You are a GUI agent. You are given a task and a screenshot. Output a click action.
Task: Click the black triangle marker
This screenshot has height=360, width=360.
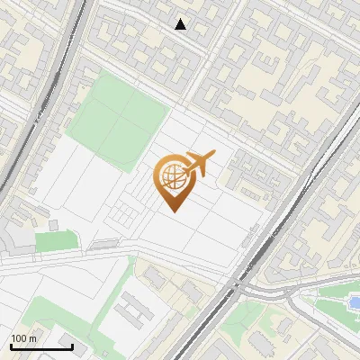[x=181, y=24]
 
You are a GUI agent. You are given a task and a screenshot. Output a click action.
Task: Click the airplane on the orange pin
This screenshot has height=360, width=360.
[x=199, y=164]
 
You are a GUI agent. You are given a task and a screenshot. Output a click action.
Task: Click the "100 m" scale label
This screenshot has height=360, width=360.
[x=23, y=337]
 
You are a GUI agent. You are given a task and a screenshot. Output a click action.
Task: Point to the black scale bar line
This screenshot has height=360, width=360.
[x=41, y=346]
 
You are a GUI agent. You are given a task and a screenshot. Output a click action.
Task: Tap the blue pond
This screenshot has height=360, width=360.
[x=355, y=301]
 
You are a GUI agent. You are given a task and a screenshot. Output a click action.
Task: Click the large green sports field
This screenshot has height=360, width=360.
[x=117, y=117]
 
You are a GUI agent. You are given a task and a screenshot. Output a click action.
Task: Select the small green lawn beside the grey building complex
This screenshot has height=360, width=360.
[x=56, y=241]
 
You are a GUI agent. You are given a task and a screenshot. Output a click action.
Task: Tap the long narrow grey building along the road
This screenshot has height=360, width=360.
[x=105, y=243]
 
